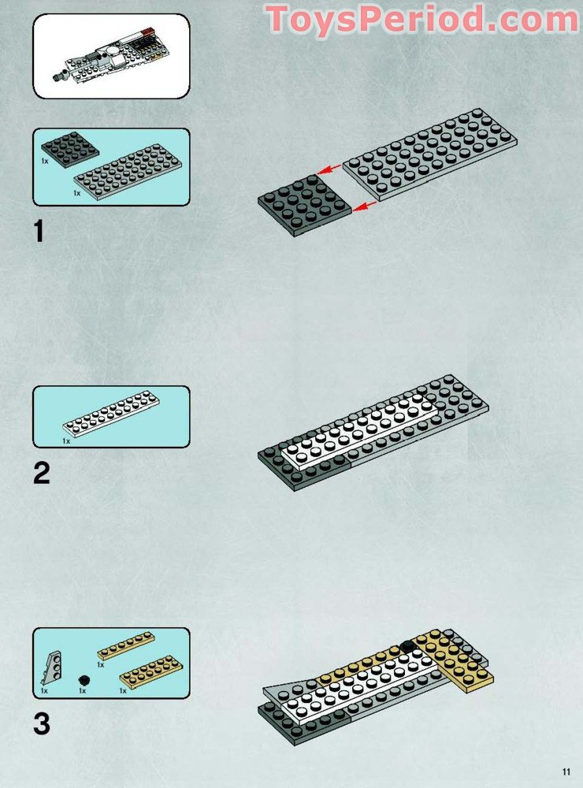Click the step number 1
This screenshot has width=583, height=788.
coord(39,231)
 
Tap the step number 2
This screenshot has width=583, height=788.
coord(41,474)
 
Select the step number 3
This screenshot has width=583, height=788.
coord(42,723)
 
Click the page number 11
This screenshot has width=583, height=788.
coord(566,772)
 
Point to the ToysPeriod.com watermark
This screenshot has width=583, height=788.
coord(422,19)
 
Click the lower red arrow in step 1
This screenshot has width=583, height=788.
coord(365,206)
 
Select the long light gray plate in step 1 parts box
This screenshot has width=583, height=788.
coord(128,172)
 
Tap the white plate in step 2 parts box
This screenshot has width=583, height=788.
coord(111,414)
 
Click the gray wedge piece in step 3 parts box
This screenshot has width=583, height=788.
coord(52,668)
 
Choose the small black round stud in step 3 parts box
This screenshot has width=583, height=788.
coord(84,681)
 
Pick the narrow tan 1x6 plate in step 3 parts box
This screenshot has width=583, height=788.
coord(125,646)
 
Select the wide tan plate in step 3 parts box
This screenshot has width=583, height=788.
coord(150,671)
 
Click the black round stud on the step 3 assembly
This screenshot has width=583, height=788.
coord(407,646)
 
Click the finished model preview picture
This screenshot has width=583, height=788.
coord(111,56)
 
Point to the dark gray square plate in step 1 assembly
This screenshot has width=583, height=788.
coord(305,205)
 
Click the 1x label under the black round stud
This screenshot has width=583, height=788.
coord(83,690)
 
